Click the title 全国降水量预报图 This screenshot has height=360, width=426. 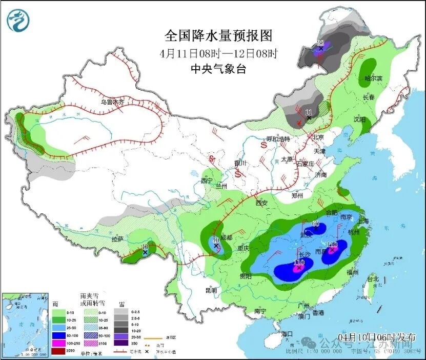(x=218, y=35)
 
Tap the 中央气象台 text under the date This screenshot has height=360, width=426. (x=218, y=69)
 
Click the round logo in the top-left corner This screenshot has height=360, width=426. (x=18, y=20)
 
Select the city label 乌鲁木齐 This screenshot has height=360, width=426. (x=112, y=102)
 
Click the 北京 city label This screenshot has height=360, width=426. (x=318, y=137)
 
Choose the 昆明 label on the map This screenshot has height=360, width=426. (x=211, y=290)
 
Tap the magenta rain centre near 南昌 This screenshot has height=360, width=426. (x=332, y=250)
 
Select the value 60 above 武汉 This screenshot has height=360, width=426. (x=315, y=224)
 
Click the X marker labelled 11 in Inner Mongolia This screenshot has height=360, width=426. (x=309, y=118)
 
